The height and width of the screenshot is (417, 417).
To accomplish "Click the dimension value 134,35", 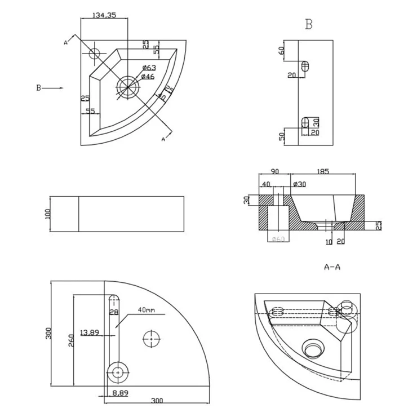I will (x=104, y=16).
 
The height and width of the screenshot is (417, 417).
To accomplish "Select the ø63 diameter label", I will (x=149, y=68).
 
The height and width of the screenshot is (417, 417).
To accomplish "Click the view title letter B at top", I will (x=309, y=24).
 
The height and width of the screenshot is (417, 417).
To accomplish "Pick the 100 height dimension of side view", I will (x=47, y=214).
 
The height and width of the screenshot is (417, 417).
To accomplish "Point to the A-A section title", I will (x=332, y=267).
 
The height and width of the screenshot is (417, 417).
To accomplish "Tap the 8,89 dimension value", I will (x=119, y=393).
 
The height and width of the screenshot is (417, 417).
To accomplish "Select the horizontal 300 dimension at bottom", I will (x=157, y=401).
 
